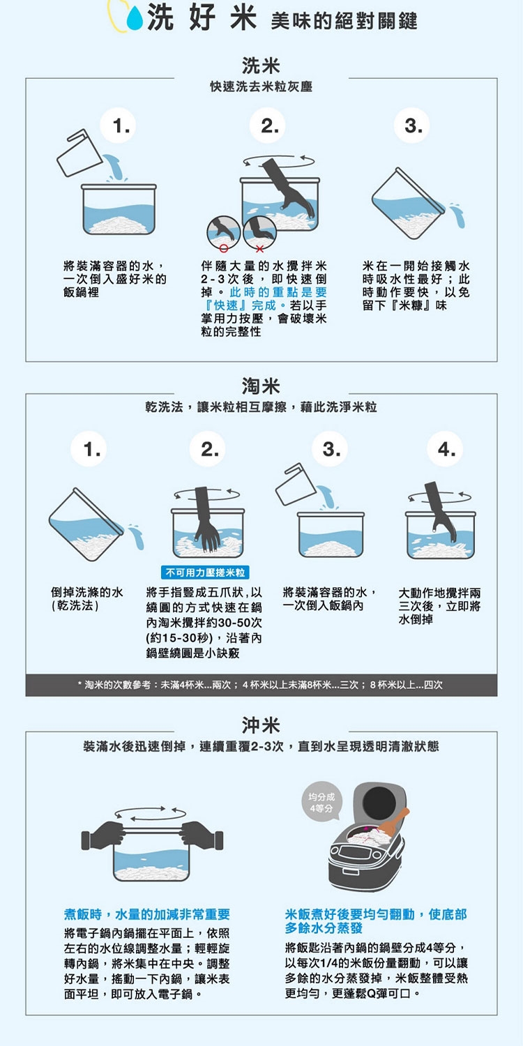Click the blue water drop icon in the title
click(x=135, y=19)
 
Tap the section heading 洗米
click(x=261, y=66)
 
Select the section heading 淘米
click(x=261, y=386)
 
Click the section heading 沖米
click(x=261, y=725)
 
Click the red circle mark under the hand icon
click(x=224, y=248)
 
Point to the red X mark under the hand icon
click(x=259, y=248)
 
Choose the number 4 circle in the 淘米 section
click(x=446, y=449)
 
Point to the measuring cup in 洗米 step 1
click(x=79, y=153)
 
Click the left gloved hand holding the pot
click(x=104, y=836)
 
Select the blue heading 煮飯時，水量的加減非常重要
click(x=147, y=914)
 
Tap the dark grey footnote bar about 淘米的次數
click(x=261, y=685)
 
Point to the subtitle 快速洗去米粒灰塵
click(x=261, y=87)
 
